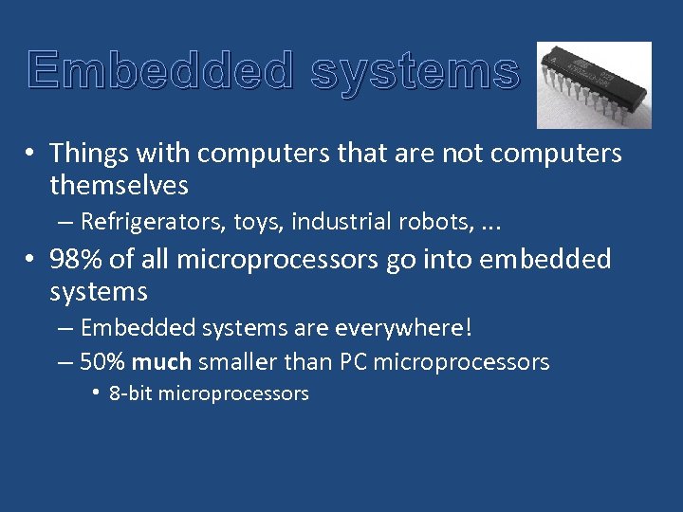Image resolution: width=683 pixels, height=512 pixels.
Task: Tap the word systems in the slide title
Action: (415, 71)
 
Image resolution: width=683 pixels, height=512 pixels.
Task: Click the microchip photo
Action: (594, 84)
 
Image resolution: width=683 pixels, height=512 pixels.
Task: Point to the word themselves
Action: (119, 185)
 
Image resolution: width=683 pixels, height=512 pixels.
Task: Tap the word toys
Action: (259, 222)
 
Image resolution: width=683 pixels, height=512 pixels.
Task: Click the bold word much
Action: (162, 362)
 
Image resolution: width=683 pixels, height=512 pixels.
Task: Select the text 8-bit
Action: (131, 393)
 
